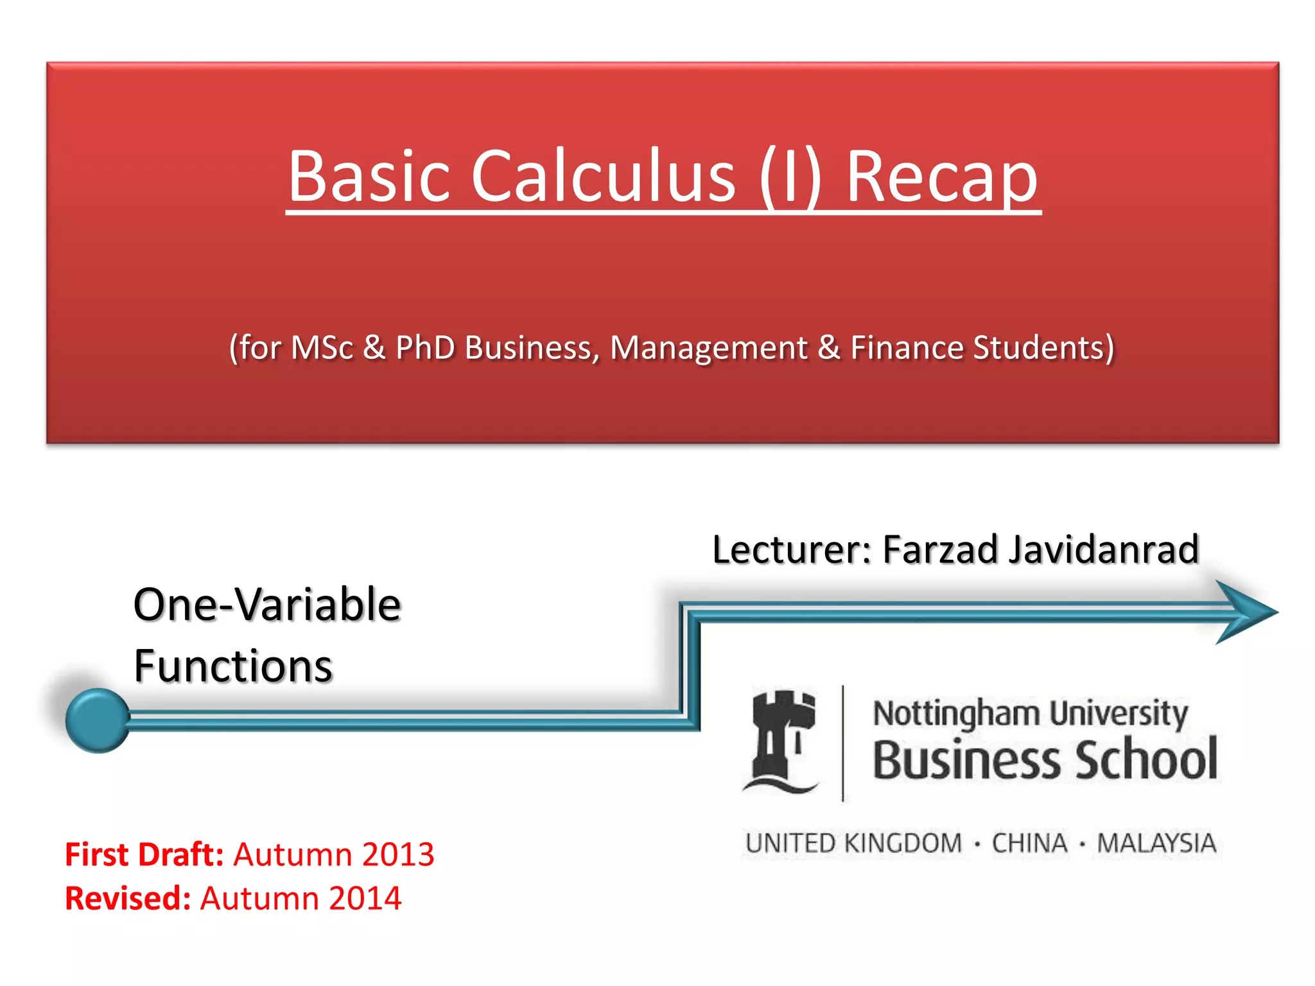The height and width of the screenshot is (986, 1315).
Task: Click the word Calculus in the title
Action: [604, 176]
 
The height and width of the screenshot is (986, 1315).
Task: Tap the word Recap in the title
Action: [941, 177]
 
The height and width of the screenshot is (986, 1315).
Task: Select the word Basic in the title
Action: [369, 176]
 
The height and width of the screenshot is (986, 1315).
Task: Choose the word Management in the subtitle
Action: [708, 349]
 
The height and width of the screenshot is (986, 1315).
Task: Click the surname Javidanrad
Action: [1104, 549]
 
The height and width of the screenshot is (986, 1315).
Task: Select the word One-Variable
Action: [267, 605]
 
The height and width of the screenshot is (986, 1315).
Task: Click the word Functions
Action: [233, 666]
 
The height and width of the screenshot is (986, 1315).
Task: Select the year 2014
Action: [365, 898]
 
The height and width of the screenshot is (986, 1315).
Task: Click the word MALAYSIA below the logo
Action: [1156, 843]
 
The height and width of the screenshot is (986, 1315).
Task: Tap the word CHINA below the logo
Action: [1029, 843]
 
